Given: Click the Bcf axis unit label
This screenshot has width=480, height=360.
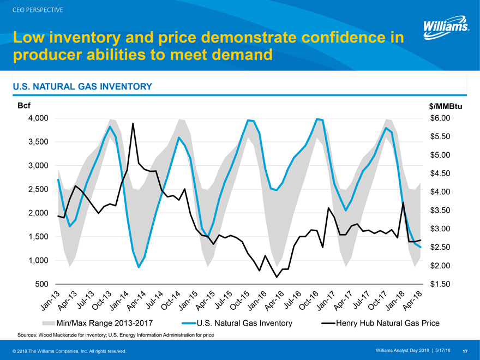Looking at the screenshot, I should [25, 106].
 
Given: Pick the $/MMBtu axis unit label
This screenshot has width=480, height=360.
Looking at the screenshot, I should [446, 106].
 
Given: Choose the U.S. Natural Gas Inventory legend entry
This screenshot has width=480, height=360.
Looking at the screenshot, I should [244, 323].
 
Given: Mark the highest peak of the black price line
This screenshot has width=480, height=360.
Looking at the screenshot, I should [133, 123].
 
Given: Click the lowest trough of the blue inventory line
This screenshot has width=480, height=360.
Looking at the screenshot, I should [139, 267].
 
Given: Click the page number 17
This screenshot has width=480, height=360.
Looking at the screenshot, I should [465, 350].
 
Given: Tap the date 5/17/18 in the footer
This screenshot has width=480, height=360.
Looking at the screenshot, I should [442, 350].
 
